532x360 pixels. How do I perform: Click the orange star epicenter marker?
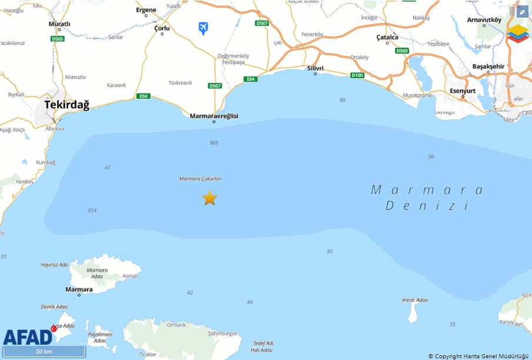(x=210, y=198)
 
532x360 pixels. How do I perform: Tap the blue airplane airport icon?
(x=203, y=28)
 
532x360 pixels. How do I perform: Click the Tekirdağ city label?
(x=67, y=105)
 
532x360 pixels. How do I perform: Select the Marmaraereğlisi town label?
(x=214, y=116)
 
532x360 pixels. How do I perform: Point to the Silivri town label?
(x=316, y=68)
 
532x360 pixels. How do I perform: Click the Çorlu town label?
(x=162, y=28)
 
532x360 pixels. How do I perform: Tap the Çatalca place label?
(x=387, y=37)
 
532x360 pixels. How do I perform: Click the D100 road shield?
(x=357, y=75)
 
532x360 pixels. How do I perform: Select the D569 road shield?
(x=402, y=51)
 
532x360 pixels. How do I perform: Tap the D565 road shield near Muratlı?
(x=58, y=39)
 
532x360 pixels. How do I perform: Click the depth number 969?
(x=213, y=143)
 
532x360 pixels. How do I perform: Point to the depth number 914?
(x=92, y=210)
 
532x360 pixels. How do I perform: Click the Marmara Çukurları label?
(x=200, y=178)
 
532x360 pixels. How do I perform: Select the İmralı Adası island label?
(x=414, y=300)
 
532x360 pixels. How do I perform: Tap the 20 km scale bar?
(x=44, y=352)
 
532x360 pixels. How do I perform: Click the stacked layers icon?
(x=518, y=34)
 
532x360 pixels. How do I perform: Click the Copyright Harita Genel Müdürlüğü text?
(x=479, y=356)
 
